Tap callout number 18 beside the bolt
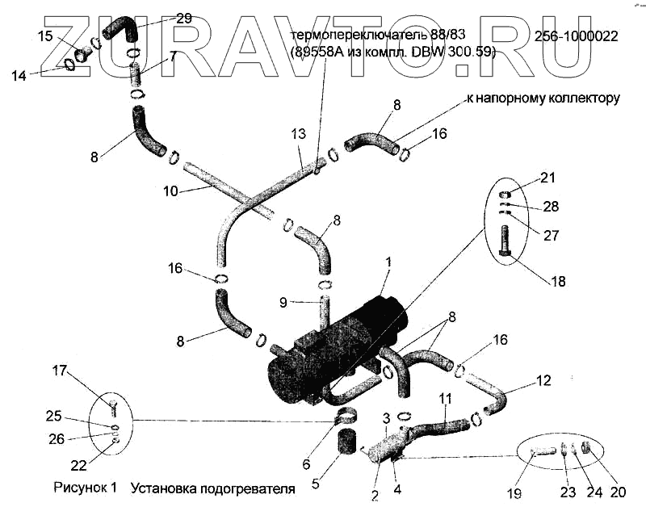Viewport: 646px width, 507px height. click(558, 282)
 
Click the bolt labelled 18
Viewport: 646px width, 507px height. click(505, 241)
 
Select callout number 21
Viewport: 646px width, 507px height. click(548, 178)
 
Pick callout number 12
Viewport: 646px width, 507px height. click(543, 380)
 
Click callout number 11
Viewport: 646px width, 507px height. click(445, 398)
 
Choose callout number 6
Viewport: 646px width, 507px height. click(306, 464)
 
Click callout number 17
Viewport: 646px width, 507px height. click(60, 371)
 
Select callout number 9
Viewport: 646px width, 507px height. click(283, 304)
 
